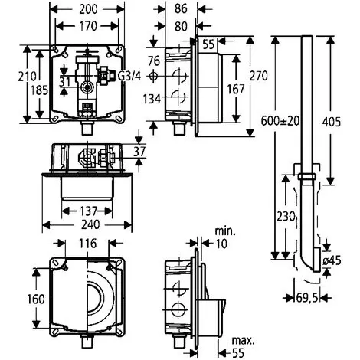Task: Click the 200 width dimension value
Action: click(88, 9)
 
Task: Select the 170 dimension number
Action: click(88, 26)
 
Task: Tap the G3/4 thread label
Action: click(129, 76)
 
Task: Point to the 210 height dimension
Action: click(27, 76)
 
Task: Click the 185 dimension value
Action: click(39, 90)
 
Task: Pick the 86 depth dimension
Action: click(181, 8)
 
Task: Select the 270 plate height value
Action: click(258, 76)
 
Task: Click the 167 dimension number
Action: click(236, 90)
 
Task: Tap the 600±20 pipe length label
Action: click(280, 121)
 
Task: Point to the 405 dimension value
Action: click(331, 122)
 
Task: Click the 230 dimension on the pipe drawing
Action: click(286, 217)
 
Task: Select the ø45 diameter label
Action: click(332, 260)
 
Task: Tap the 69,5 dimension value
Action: click(308, 297)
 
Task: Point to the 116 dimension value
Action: click(87, 244)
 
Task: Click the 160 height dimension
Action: click(36, 299)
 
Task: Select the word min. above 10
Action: click(225, 231)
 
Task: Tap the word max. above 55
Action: click(243, 341)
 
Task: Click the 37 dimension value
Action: click(139, 152)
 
